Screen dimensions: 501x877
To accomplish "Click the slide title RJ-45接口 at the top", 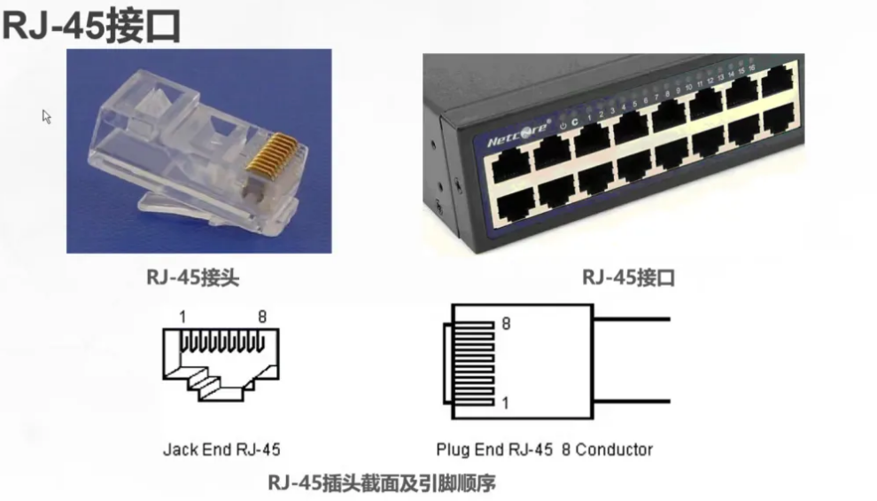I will [x=91, y=27].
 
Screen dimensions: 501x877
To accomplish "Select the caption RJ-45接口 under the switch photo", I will [x=628, y=278].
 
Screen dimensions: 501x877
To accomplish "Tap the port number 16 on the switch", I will [x=751, y=67].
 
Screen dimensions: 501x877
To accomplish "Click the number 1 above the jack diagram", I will [x=182, y=317].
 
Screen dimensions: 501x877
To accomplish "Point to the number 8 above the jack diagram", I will [x=262, y=317].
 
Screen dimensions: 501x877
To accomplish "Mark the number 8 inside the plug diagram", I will [x=506, y=325].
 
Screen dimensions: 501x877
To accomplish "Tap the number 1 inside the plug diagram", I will [x=506, y=403].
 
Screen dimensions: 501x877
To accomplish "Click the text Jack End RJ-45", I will [x=221, y=449].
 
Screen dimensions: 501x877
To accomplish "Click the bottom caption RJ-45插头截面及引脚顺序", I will [x=381, y=483].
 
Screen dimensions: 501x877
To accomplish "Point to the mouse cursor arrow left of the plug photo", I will [x=46, y=115].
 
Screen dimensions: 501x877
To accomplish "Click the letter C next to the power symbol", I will [x=575, y=122].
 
